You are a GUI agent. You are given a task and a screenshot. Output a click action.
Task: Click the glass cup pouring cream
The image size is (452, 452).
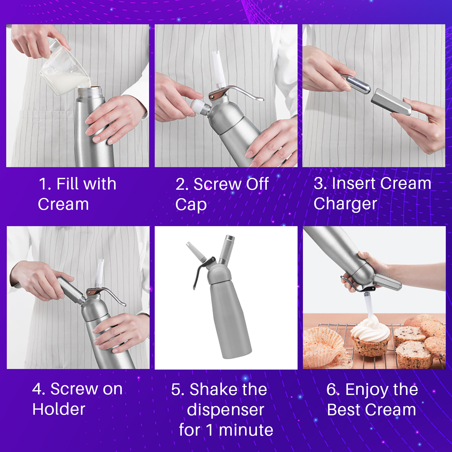pos(65,69)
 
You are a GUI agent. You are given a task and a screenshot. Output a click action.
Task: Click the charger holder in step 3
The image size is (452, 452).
pos(391,102)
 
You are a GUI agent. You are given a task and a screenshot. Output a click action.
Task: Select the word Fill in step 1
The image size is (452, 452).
pos(66,184)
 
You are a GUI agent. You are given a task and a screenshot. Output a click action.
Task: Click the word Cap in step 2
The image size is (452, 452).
pos(191,205)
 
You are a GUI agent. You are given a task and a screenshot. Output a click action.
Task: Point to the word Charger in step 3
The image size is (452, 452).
pos(345,204)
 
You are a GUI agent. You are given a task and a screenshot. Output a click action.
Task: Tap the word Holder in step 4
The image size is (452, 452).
pos(59,409)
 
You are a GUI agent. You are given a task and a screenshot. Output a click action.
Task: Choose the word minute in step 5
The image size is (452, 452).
pos(246,430)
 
